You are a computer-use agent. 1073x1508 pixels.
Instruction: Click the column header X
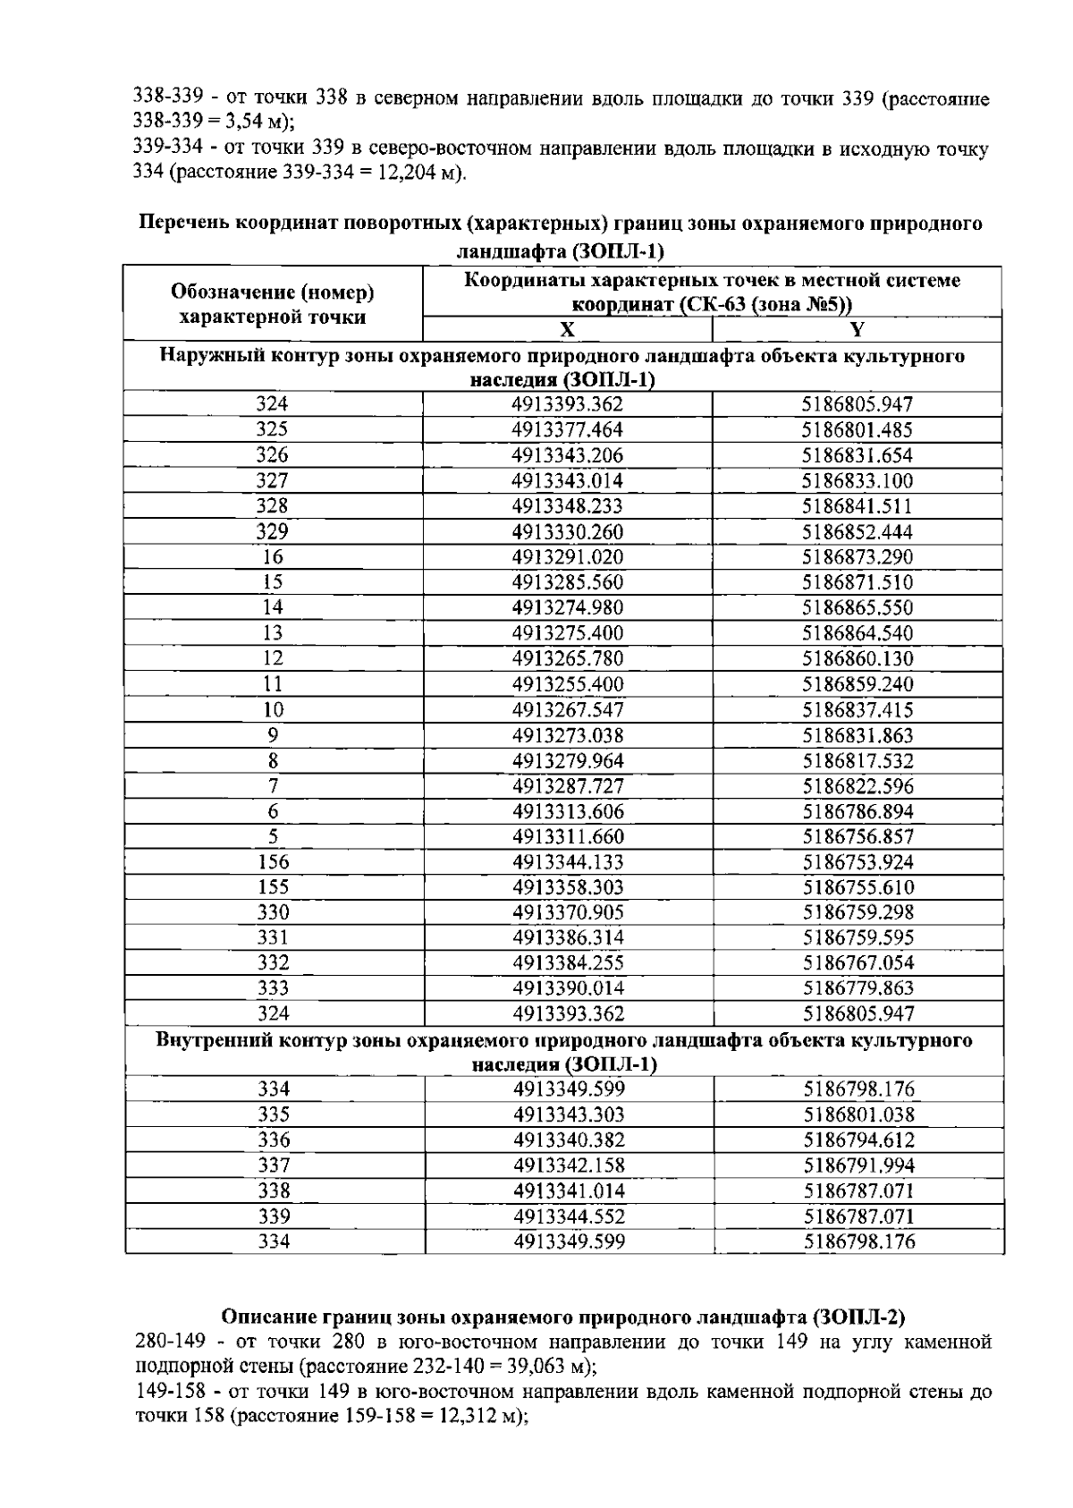point(567,329)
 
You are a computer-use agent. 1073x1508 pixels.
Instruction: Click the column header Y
point(857,329)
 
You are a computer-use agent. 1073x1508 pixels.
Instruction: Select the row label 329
point(272,532)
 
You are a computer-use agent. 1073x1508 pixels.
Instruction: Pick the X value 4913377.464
point(567,430)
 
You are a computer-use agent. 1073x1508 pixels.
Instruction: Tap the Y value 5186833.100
point(857,481)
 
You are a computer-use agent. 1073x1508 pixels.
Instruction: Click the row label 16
point(272,557)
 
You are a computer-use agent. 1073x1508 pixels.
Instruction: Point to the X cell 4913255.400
point(567,685)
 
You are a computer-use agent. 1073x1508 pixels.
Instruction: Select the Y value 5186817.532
point(857,761)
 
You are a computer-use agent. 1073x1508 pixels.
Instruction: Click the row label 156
point(272,862)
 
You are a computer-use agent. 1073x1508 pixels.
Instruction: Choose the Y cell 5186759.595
point(857,938)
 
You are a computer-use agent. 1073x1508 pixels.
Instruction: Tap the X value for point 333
point(567,988)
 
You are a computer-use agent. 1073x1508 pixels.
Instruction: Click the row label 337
point(272,1165)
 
